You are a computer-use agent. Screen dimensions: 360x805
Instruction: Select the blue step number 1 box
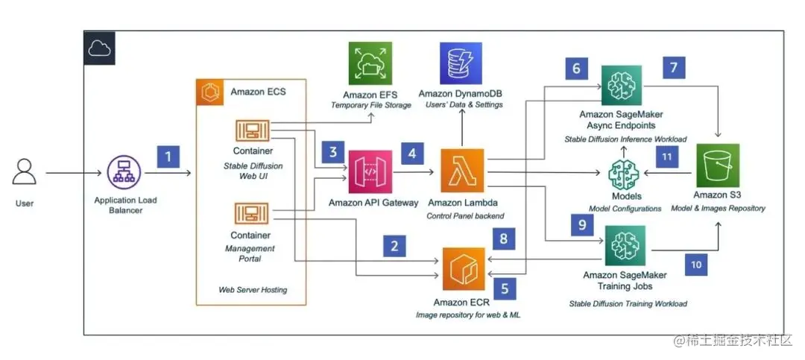[x=169, y=157]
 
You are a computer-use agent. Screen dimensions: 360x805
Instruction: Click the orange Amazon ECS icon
[x=210, y=92]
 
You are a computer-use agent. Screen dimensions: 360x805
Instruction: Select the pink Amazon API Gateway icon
[x=370, y=172]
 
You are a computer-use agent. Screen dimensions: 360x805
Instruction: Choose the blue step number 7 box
[x=674, y=68]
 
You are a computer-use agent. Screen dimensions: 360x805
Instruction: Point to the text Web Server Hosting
[x=251, y=289]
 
